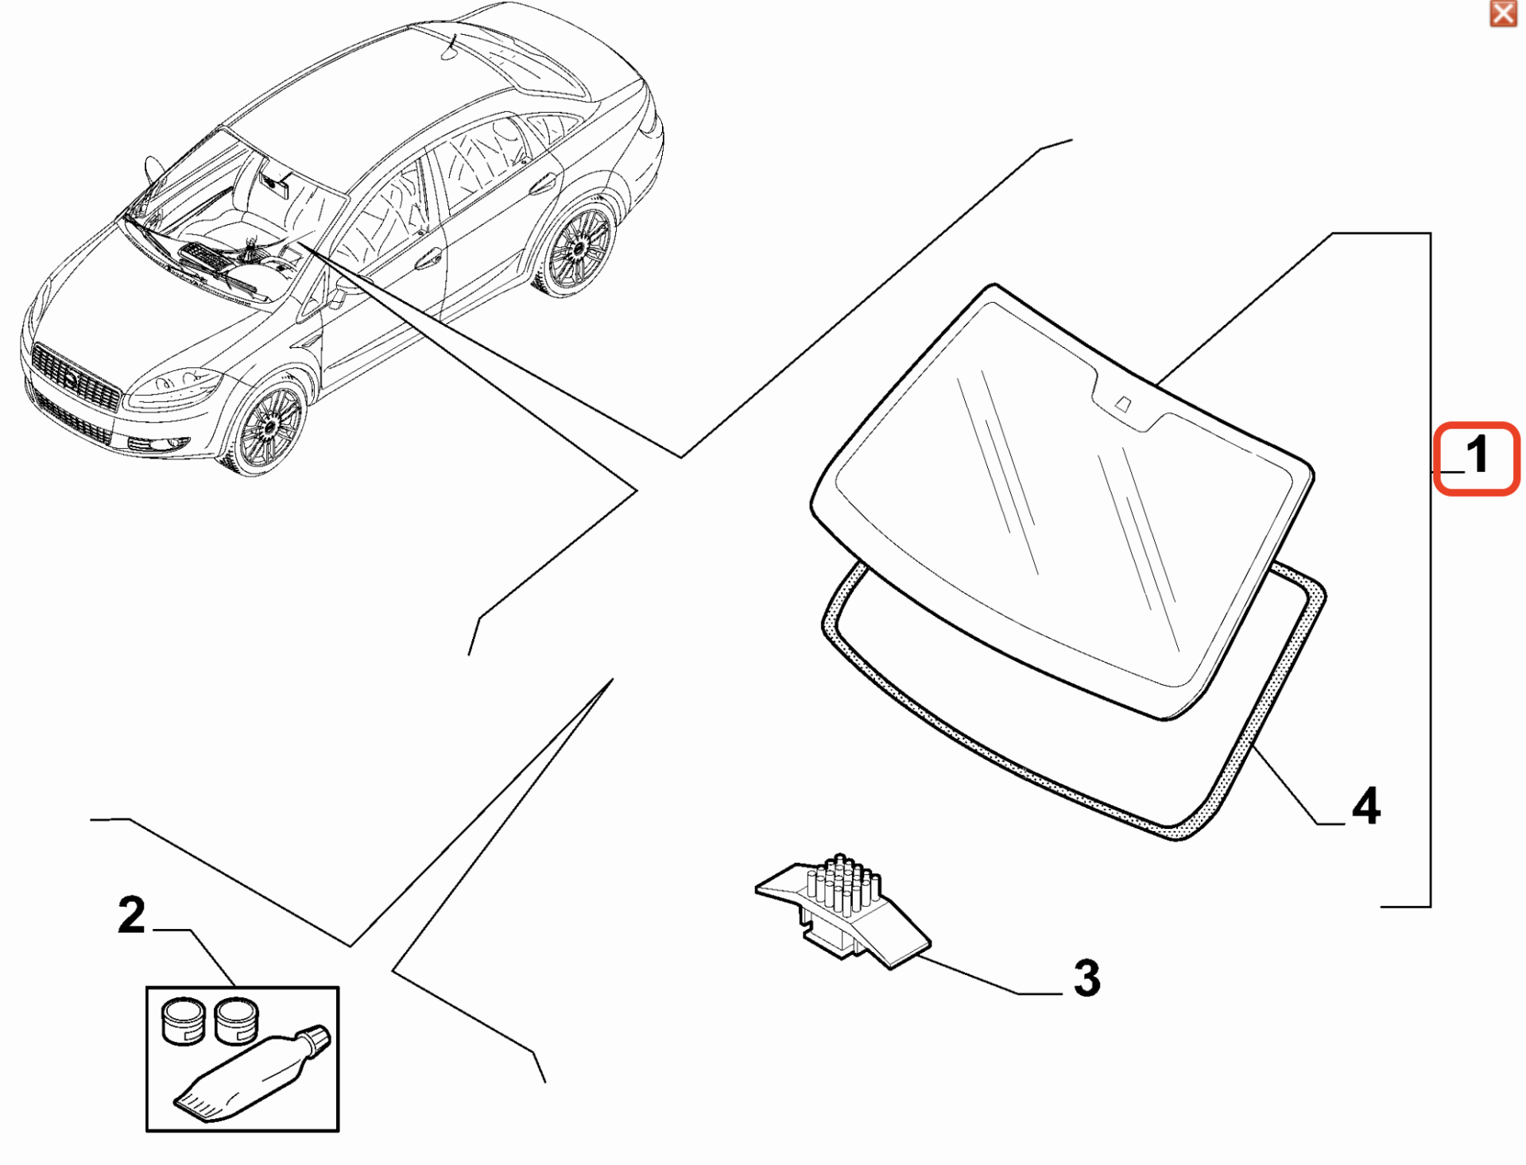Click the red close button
1503,14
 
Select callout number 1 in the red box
1478,455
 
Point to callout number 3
1086,978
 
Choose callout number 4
1366,807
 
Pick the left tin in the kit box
184,1021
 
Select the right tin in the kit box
236,1020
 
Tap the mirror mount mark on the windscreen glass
1122,404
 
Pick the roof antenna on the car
451,48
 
